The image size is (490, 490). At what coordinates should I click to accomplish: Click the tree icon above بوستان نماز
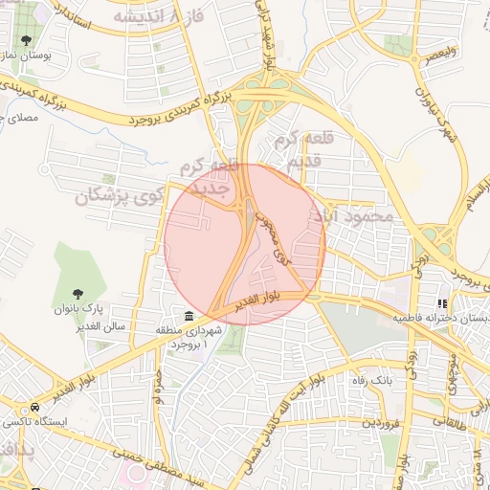25,40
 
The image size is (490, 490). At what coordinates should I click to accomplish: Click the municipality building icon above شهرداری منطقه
189,316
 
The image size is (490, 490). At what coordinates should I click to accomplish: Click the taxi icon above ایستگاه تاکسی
16,407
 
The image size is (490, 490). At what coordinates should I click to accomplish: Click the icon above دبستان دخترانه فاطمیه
442,303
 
